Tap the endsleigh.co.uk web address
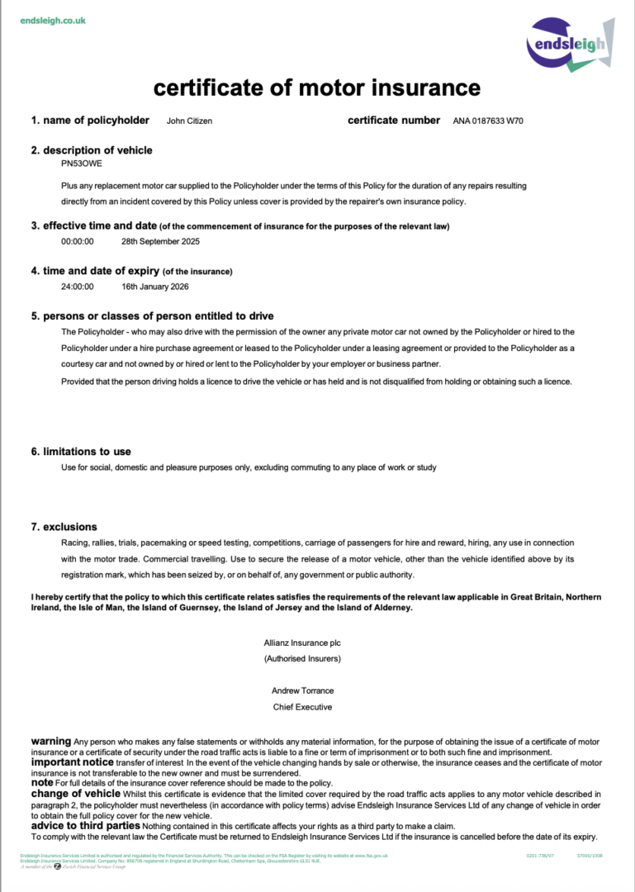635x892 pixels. coord(53,20)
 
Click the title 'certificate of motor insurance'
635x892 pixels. coord(317,88)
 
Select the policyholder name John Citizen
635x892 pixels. coord(189,121)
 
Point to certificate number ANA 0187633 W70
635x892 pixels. coord(488,121)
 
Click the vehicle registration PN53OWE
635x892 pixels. coord(79,164)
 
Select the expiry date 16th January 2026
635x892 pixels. coord(155,287)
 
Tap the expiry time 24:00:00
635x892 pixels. coord(78,287)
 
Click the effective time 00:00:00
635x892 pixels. coord(78,242)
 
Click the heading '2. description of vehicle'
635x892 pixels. coord(92,150)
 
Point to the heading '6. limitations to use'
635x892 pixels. coord(81,452)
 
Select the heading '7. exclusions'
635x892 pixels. coord(64,527)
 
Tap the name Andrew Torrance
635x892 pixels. coord(302,690)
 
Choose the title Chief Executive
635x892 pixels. coord(302,707)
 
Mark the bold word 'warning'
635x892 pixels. coord(50,742)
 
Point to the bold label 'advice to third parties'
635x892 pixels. coord(85,825)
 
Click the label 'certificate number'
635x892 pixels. coord(394,121)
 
